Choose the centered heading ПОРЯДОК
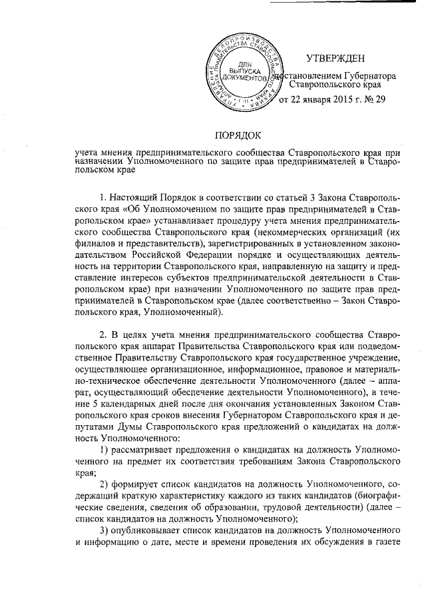[x=238, y=135]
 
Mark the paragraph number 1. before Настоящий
[x=103, y=198]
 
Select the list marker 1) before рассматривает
[x=104, y=452]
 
